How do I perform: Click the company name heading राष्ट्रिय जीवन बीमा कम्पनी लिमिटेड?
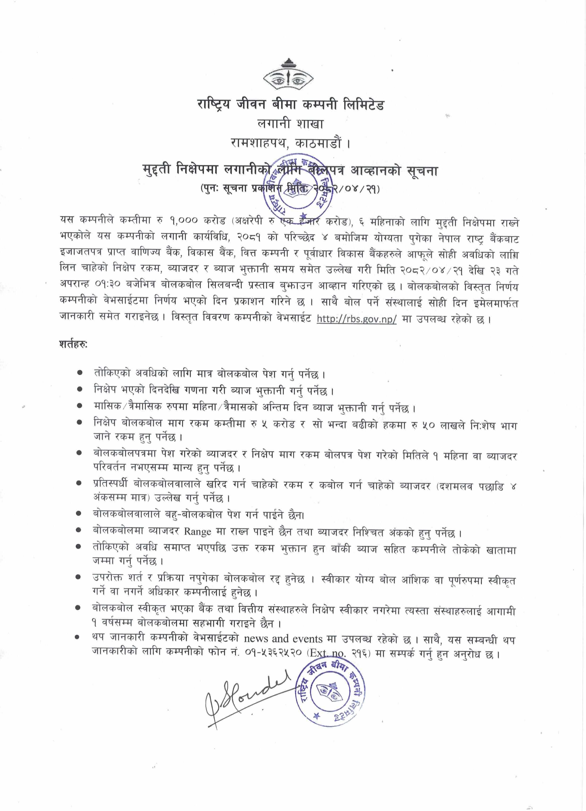(x=290, y=105)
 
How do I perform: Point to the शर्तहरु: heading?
(x=73, y=345)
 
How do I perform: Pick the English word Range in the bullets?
(x=197, y=532)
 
